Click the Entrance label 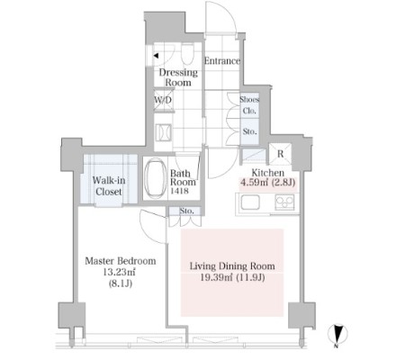pyautogui.click(x=222, y=61)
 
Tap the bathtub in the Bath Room pyautogui.click(x=155, y=178)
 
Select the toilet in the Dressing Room pyautogui.click(x=187, y=53)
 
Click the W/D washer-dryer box pyautogui.click(x=164, y=100)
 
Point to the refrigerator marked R pyautogui.click(x=280, y=154)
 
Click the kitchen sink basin pyautogui.click(x=249, y=202)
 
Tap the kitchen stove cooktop pyautogui.click(x=284, y=202)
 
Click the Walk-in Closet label pyautogui.click(x=109, y=185)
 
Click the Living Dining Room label pyautogui.click(x=232, y=266)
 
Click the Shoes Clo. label pyautogui.click(x=249, y=105)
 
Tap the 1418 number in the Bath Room pyautogui.click(x=179, y=191)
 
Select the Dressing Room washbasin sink pyautogui.click(x=164, y=132)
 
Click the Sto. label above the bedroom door pyautogui.click(x=186, y=211)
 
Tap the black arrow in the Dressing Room pyautogui.click(x=156, y=56)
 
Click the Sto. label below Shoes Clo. pyautogui.click(x=249, y=131)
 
